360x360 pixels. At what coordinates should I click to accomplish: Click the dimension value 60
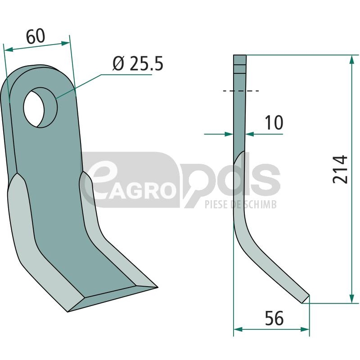click(36, 36)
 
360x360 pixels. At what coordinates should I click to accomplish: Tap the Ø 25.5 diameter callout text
click(138, 63)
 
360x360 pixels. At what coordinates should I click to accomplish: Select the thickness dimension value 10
click(274, 122)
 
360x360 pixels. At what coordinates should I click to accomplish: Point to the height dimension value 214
click(340, 170)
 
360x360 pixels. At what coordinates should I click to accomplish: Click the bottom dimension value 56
click(274, 319)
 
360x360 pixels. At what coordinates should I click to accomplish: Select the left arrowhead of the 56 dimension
click(238, 329)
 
